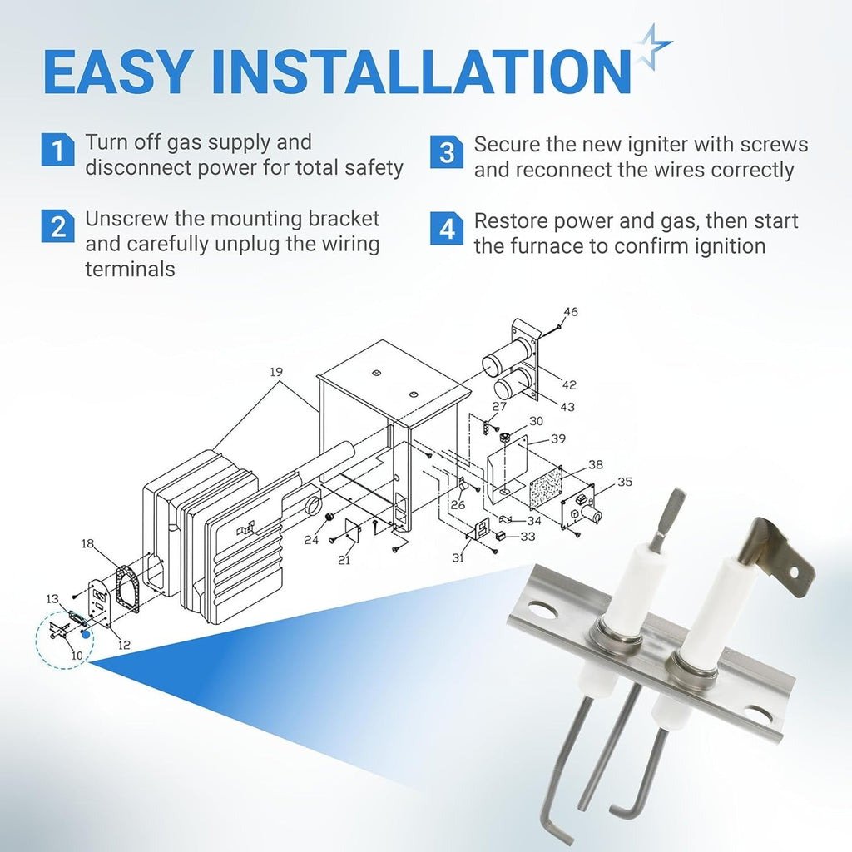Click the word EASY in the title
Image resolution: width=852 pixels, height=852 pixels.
tap(117, 72)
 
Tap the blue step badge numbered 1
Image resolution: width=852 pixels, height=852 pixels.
tap(57, 150)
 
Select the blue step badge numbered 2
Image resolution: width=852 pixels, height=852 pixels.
tap(57, 226)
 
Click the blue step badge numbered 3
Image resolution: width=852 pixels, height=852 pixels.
tap(447, 152)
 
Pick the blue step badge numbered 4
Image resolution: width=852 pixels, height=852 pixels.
tap(447, 229)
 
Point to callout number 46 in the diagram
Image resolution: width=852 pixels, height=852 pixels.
tap(571, 312)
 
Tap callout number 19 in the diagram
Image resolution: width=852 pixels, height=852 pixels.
tap(276, 372)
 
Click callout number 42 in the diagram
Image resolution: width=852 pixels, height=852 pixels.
tap(569, 384)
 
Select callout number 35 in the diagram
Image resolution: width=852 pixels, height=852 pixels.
tap(625, 482)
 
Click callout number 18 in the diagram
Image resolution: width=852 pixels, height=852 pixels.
tap(87, 543)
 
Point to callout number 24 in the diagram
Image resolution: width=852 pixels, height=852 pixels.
tap(311, 540)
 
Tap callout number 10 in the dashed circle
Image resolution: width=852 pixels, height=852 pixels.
tap(77, 656)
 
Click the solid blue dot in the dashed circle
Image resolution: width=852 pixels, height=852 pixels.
tap(86, 634)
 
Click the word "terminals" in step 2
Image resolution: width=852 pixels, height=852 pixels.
tap(130, 269)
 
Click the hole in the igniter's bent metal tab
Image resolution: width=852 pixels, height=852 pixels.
tap(794, 572)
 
